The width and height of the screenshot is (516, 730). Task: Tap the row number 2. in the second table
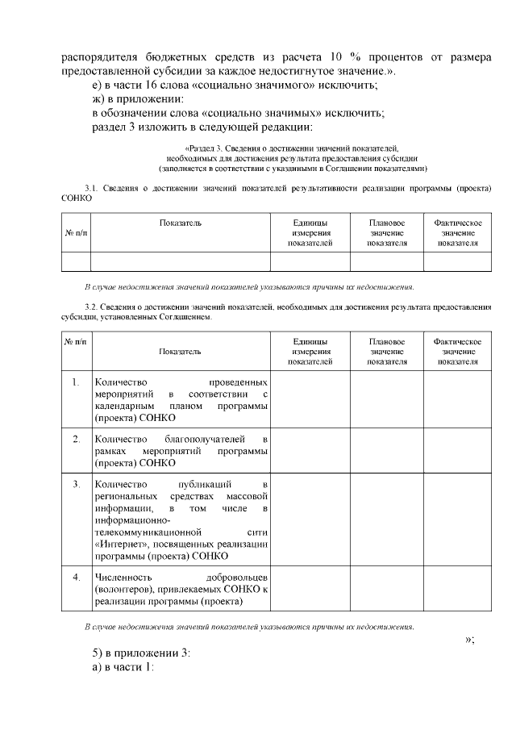click(x=76, y=439)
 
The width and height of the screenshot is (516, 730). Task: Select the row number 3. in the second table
click(x=76, y=484)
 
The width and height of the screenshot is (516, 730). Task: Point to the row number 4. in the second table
click(x=76, y=578)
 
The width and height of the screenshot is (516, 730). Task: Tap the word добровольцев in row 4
click(x=236, y=578)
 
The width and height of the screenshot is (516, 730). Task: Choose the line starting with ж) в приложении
click(x=138, y=98)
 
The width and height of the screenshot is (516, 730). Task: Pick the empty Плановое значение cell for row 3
click(x=386, y=520)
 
